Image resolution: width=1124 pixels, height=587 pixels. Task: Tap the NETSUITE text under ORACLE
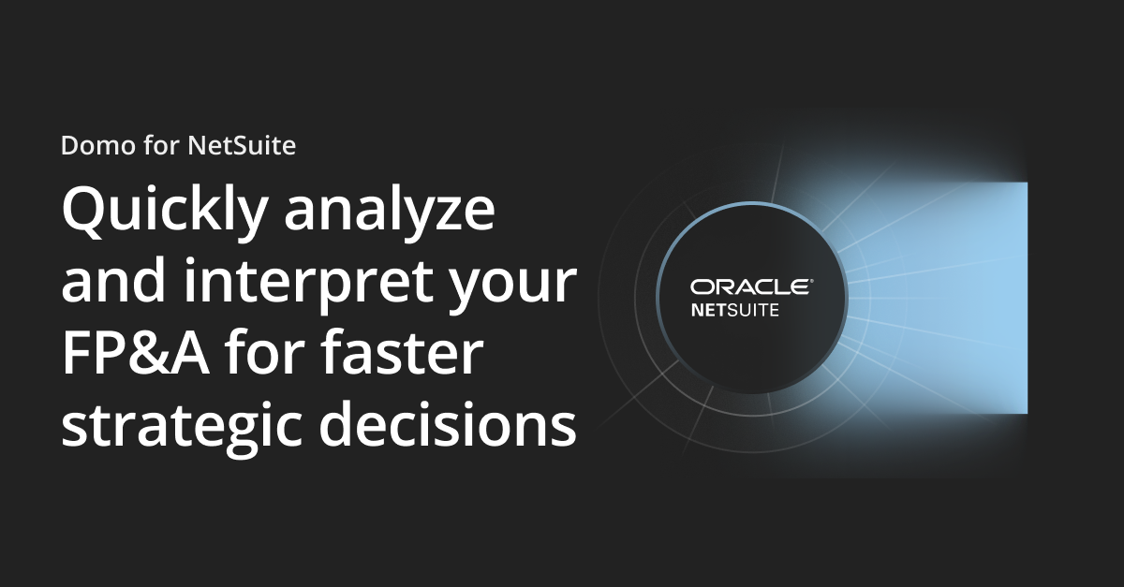(x=734, y=309)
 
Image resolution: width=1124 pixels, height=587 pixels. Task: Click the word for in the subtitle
(x=158, y=146)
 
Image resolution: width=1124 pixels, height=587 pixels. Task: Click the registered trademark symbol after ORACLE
(x=811, y=280)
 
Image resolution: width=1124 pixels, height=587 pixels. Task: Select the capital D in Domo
(x=69, y=146)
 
